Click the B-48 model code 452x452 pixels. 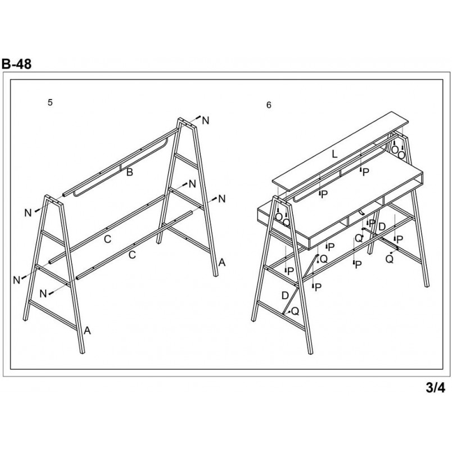tap(16, 64)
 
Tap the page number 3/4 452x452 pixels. tap(435, 387)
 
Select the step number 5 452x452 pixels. tap(50, 102)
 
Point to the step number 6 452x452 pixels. tap(269, 105)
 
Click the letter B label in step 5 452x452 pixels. tap(130, 172)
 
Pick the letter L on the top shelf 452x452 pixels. tap(335, 154)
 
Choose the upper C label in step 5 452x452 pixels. tap(107, 239)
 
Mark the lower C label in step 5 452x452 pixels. tap(132, 255)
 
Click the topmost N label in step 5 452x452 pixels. tap(205, 120)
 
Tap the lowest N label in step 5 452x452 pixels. tap(43, 293)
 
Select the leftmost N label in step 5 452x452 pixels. tap(17, 279)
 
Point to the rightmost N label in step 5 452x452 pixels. tap(222, 198)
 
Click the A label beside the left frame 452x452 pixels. tap(87, 331)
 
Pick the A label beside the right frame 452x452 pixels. tap(222, 263)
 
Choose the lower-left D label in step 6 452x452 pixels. tap(285, 296)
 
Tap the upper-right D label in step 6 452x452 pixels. tap(382, 227)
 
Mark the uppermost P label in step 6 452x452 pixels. tap(365, 172)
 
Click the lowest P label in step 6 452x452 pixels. tap(318, 287)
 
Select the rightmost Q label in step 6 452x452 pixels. tap(390, 259)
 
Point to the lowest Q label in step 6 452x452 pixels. tap(295, 311)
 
